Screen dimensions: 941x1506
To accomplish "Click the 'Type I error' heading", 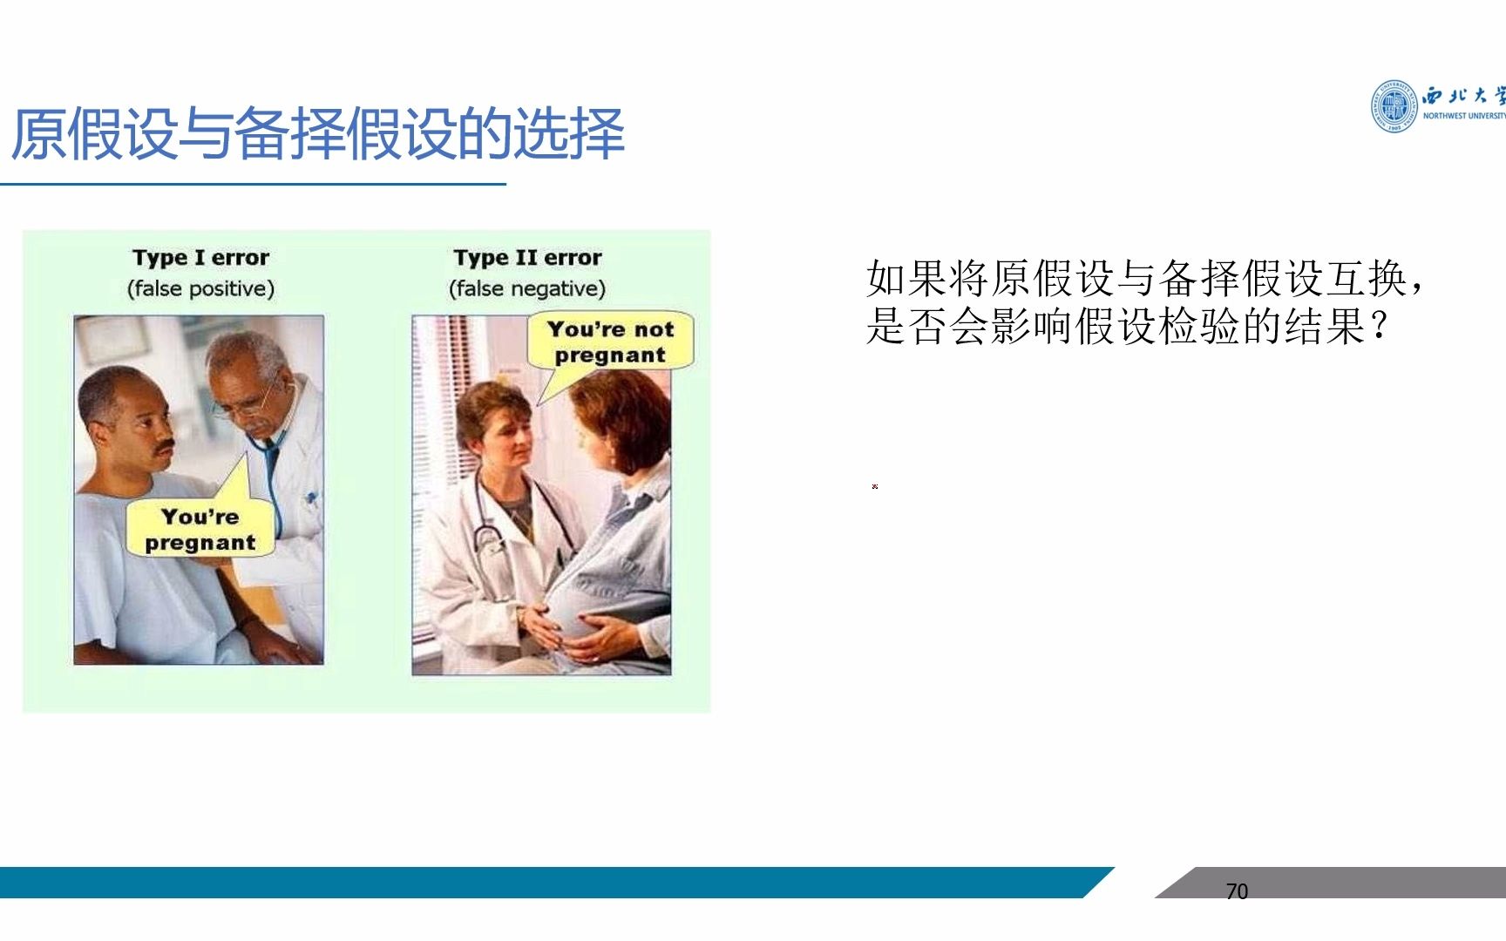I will [200, 258].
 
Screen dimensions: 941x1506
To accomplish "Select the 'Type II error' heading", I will [527, 258].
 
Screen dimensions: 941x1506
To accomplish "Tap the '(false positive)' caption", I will [200, 288].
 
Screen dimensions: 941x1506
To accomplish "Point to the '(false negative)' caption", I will [527, 288].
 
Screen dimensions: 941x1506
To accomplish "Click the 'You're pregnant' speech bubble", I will [200, 529].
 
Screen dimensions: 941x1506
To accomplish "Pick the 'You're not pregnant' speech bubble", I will [610, 342].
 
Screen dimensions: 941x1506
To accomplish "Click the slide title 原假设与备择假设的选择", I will [318, 134].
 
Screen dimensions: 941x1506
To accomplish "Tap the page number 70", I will [1237, 891].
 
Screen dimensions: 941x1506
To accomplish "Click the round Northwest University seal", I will [1394, 106].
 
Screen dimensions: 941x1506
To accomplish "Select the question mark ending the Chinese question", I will [1379, 328].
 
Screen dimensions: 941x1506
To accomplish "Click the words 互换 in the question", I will [1368, 279].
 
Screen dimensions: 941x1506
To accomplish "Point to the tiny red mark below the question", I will [875, 486].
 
